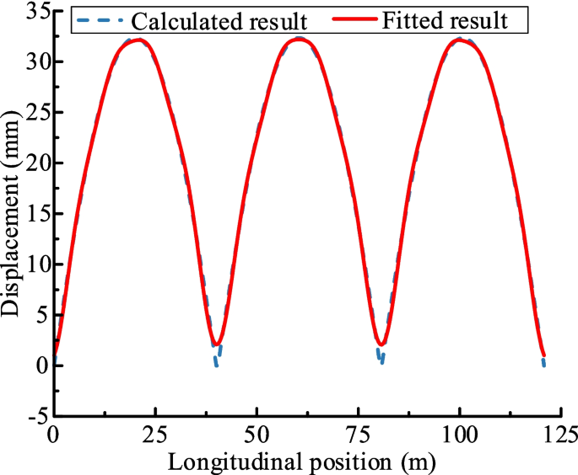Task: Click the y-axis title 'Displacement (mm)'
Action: point(11,214)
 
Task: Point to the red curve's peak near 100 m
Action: point(460,40)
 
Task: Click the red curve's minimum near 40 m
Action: point(218,344)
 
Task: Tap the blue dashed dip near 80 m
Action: point(381,360)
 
